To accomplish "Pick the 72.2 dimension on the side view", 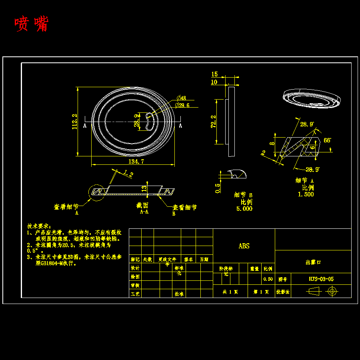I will coord(213,122).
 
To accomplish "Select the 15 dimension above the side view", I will coord(214,74).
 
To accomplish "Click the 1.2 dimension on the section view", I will coord(128,174).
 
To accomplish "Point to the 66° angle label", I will coord(327,140).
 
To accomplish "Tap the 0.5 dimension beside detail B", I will coord(218,188).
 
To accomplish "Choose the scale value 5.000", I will coord(244,208).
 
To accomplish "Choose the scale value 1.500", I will coord(306,194).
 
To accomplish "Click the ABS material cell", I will coord(244,246).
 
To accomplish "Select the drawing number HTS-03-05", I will coord(321,279).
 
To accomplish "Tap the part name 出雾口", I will coord(313,262).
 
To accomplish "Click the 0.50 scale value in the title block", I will coord(268,279).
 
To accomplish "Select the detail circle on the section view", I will coord(97,192).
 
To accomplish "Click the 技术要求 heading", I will coord(39,226).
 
